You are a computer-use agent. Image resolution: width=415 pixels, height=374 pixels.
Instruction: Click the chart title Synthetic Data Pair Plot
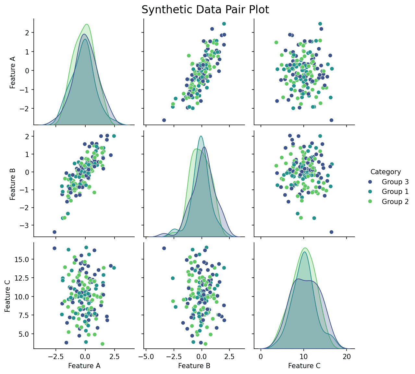(x=205, y=10)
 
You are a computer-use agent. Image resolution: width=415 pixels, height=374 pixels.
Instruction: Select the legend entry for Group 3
(x=395, y=182)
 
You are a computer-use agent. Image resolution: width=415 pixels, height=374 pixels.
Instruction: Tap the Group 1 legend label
(x=395, y=192)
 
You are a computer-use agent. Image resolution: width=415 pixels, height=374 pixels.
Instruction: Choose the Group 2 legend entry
(x=395, y=202)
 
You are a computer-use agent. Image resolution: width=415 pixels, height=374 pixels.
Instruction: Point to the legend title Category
(x=385, y=172)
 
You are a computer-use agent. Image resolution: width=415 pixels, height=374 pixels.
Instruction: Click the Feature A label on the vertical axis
(x=13, y=72)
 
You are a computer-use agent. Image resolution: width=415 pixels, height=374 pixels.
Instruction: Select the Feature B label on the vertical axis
(x=13, y=184)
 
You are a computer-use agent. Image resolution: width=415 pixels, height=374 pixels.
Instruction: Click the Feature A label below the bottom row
(x=84, y=366)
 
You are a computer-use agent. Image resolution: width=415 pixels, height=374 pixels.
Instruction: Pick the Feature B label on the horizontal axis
(x=194, y=366)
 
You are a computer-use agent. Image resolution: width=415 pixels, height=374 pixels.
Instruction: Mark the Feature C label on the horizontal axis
(x=304, y=366)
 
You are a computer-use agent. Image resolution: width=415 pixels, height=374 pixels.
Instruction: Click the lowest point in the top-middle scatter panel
(x=164, y=120)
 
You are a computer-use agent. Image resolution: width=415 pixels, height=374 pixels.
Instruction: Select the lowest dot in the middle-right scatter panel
(x=331, y=232)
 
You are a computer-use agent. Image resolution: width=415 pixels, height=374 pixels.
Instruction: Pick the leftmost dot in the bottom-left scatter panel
(x=55, y=248)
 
